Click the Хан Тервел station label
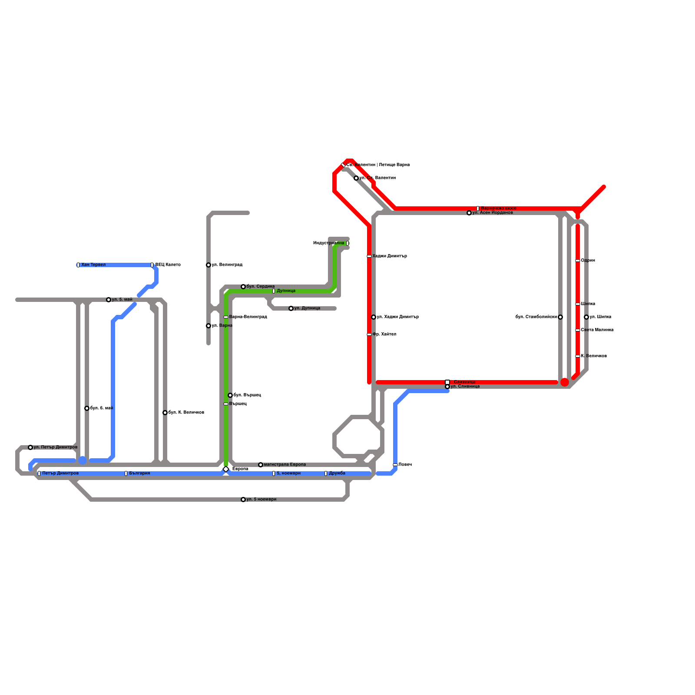pos(93,265)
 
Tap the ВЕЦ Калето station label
pos(168,265)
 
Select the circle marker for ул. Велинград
pos(208,265)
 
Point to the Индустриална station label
pos(328,243)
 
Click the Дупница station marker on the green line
pos(274,291)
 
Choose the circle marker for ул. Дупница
pos(291,308)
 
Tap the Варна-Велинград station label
pos(248,317)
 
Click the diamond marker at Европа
pos(226,469)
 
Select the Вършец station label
pos(238,404)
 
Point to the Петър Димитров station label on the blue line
pos(60,473)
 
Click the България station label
pos(139,473)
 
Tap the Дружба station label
pos(337,473)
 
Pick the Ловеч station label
pos(405,465)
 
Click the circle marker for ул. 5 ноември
pos(243,500)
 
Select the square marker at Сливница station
pos(447,382)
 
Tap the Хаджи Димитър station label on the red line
pos(390,256)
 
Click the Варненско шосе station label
pos(499,208)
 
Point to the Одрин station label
pos(588,261)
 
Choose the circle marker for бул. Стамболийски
pos(560,317)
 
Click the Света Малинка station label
pos(597,330)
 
